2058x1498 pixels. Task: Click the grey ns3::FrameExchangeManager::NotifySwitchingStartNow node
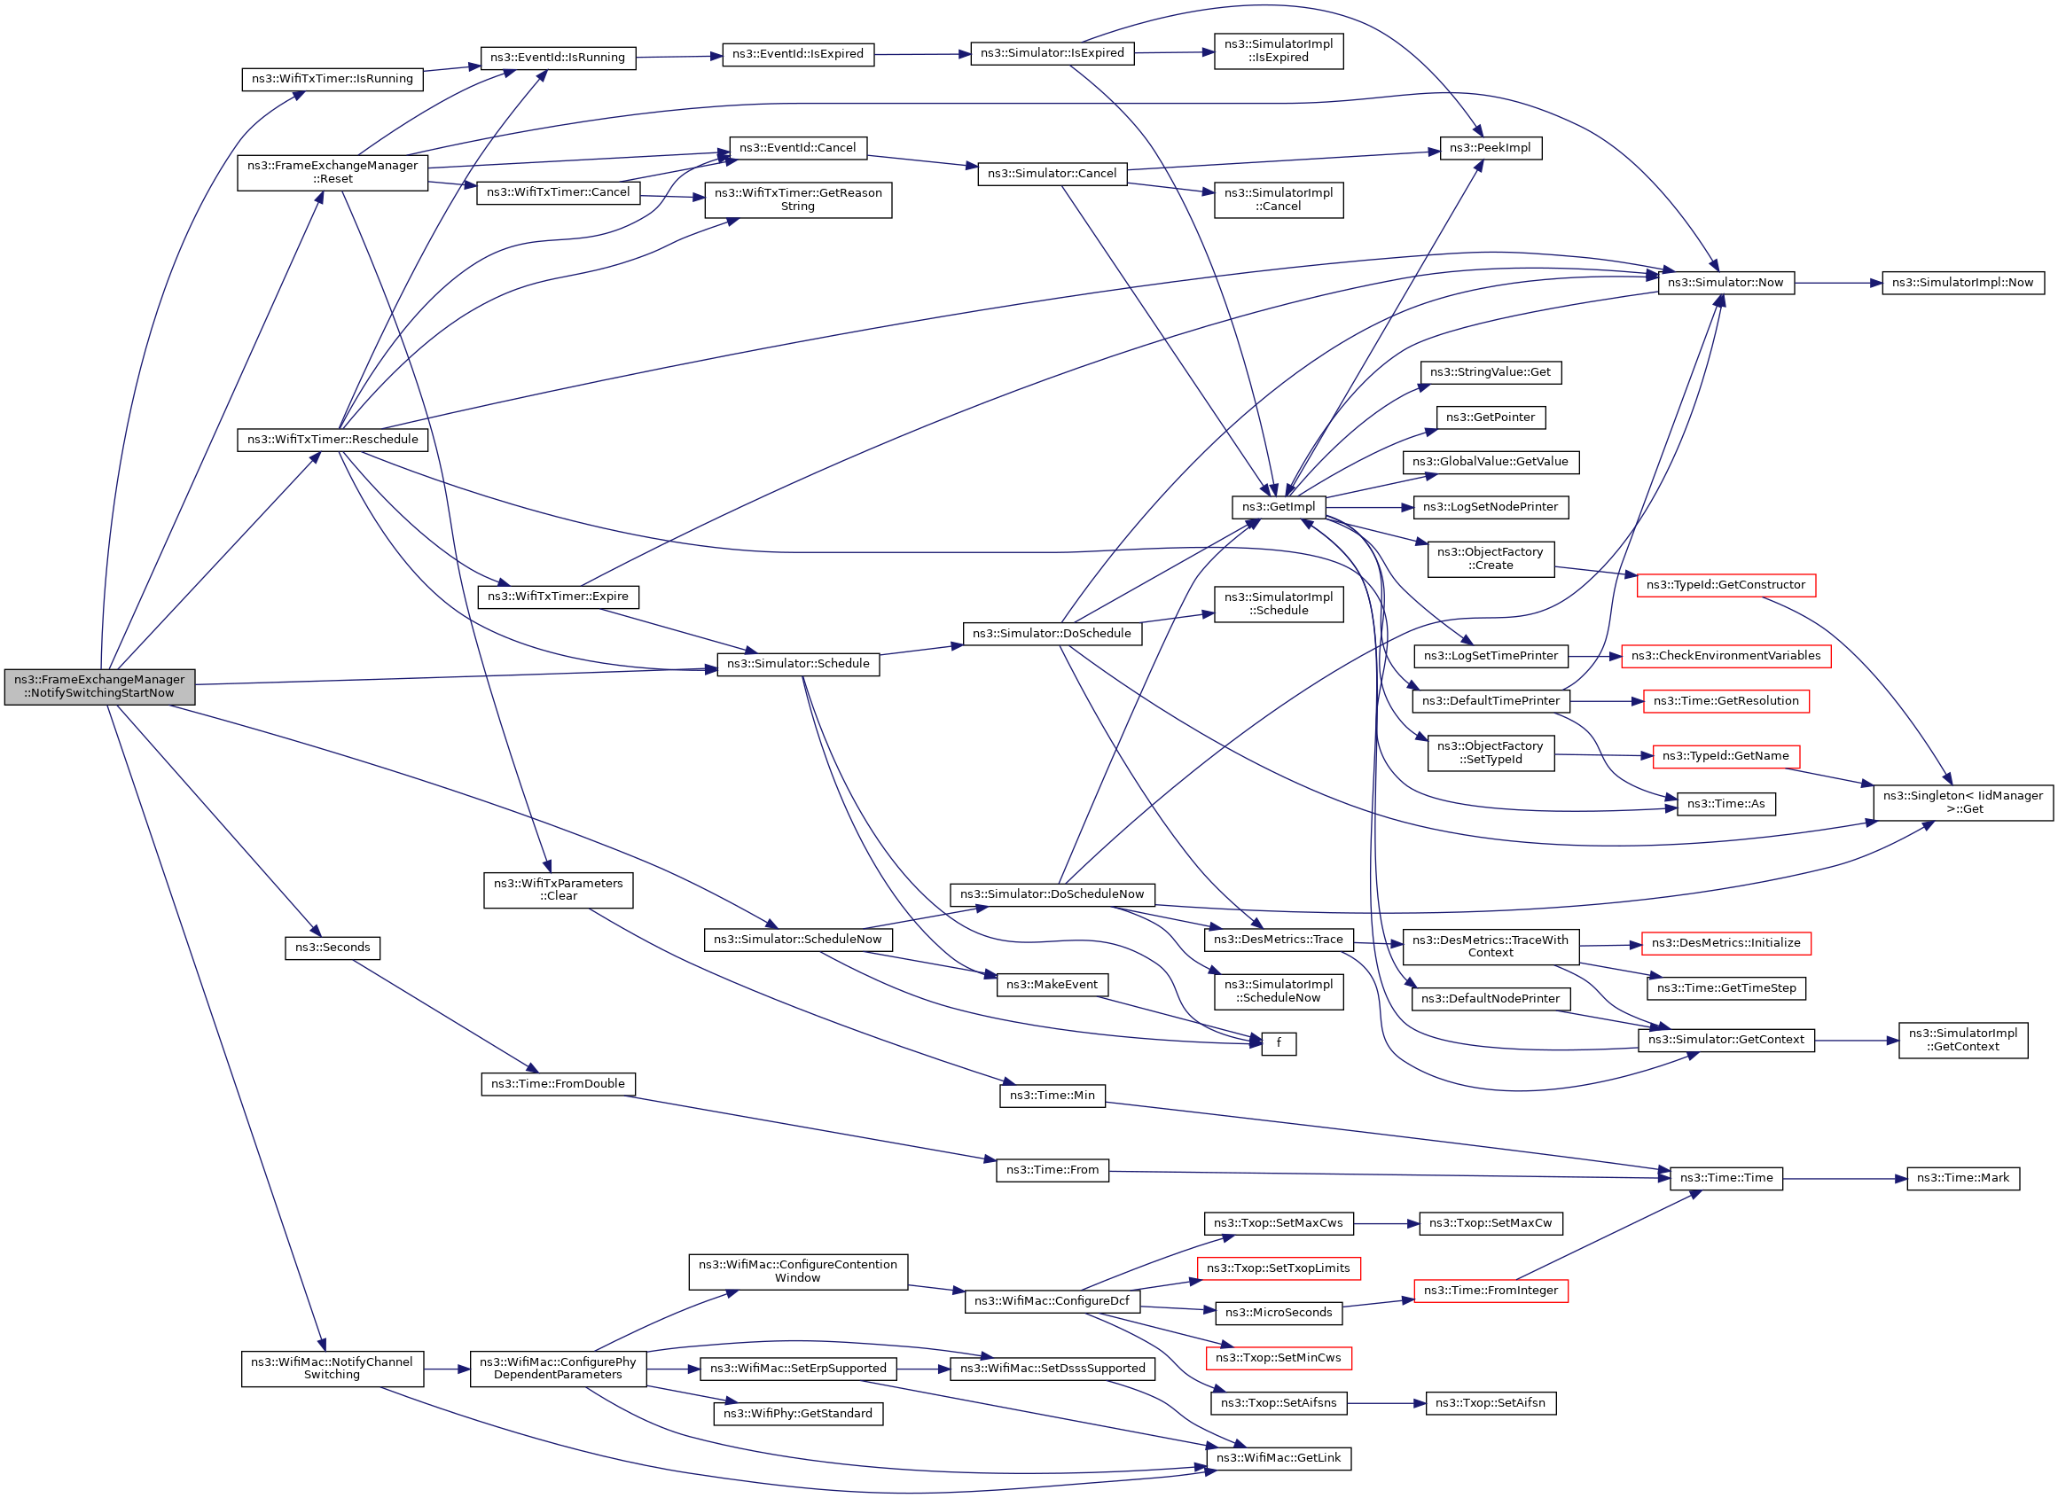pyautogui.click(x=100, y=686)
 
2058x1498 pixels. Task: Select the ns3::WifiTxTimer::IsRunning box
pyautogui.click(x=333, y=79)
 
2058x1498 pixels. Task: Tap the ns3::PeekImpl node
pyautogui.click(x=1490, y=148)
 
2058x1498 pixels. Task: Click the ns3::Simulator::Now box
pyautogui.click(x=1725, y=283)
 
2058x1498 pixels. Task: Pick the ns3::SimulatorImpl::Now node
pyautogui.click(x=1963, y=283)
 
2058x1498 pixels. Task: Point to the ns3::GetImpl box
pyautogui.click(x=1278, y=507)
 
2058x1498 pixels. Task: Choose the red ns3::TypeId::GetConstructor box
pyautogui.click(x=1725, y=585)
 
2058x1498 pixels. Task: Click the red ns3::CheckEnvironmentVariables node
pyautogui.click(x=1725, y=656)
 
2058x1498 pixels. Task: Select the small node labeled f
pyautogui.click(x=1278, y=1043)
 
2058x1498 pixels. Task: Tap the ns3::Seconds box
pyautogui.click(x=333, y=948)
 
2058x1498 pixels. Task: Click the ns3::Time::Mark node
pyautogui.click(x=1963, y=1178)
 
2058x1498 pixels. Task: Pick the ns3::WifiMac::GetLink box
pyautogui.click(x=1278, y=1458)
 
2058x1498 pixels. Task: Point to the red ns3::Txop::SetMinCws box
pyautogui.click(x=1278, y=1358)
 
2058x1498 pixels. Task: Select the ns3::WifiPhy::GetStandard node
pyautogui.click(x=798, y=1414)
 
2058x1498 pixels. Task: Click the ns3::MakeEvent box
pyautogui.click(x=1052, y=985)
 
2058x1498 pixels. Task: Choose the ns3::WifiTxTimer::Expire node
pyautogui.click(x=558, y=597)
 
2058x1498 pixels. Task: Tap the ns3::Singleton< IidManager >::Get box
pyautogui.click(x=1963, y=802)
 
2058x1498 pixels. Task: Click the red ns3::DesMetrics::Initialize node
pyautogui.click(x=1725, y=944)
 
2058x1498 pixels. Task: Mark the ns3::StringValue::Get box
pyautogui.click(x=1490, y=372)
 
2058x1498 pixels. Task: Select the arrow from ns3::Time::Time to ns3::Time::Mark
pyautogui.click(x=1842, y=1179)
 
